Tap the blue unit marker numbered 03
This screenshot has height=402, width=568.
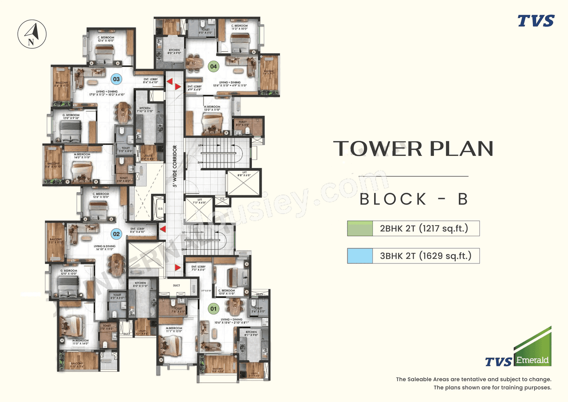pos(116,80)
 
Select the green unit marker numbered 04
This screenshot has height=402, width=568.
pos(214,67)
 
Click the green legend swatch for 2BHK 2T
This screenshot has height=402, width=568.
pos(360,229)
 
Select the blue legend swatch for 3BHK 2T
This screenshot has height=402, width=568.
pos(360,256)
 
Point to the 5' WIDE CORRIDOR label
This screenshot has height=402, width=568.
pos(175,166)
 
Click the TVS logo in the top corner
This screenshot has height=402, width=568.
pos(536,21)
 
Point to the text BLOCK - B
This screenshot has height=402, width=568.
pos(414,199)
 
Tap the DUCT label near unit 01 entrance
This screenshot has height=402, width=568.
pos(177,286)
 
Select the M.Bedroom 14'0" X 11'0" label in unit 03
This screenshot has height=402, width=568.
pos(82,155)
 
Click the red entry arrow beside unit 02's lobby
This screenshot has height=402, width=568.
pos(163,229)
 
